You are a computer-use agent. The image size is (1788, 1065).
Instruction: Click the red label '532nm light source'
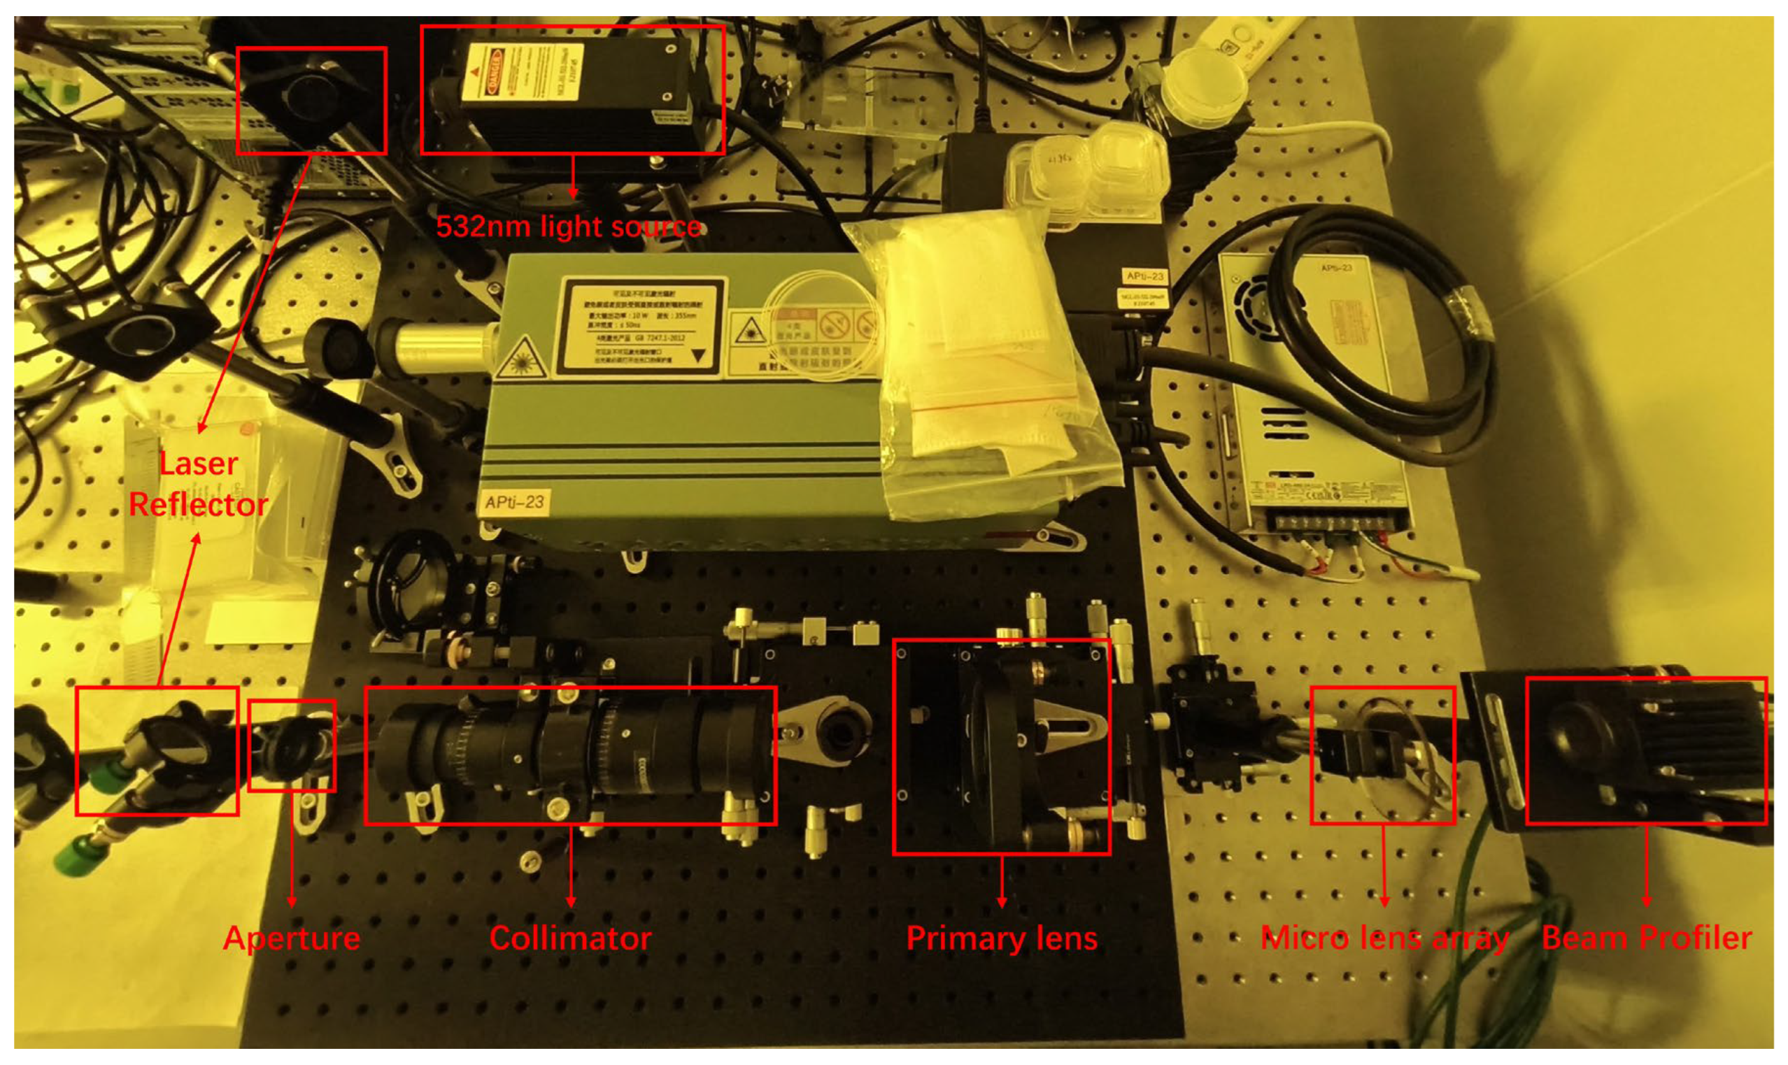tap(569, 227)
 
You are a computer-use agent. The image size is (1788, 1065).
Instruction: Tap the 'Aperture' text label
tap(292, 938)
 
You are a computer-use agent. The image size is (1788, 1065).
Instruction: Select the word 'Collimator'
tap(571, 938)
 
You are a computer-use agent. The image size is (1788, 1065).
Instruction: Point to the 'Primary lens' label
tap(1002, 938)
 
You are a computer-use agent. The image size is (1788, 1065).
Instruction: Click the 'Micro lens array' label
tap(1384, 938)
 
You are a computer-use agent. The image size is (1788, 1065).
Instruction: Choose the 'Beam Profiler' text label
tap(1647, 938)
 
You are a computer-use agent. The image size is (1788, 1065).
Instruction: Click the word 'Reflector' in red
tap(198, 504)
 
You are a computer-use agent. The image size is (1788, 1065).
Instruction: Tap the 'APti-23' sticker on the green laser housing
tap(514, 501)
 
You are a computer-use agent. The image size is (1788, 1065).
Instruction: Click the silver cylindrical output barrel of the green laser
tap(438, 348)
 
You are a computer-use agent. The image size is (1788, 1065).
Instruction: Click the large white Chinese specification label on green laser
tap(641, 326)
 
